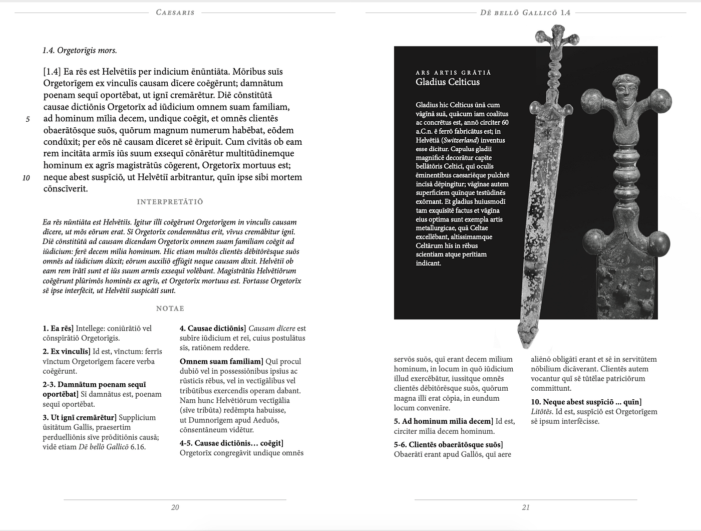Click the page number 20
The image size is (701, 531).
pos(175,507)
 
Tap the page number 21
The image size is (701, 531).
pos(526,507)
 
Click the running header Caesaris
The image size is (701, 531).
pos(175,13)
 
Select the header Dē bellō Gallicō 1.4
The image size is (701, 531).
pos(525,13)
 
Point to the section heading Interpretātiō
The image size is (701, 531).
pos(170,202)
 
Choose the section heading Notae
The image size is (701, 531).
pos(170,309)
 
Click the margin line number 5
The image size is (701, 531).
pos(28,119)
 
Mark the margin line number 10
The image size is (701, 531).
pos(26,178)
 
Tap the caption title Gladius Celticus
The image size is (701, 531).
pos(448,82)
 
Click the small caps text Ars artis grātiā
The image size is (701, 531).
pos(453,73)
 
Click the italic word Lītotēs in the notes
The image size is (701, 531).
pos(542,412)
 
